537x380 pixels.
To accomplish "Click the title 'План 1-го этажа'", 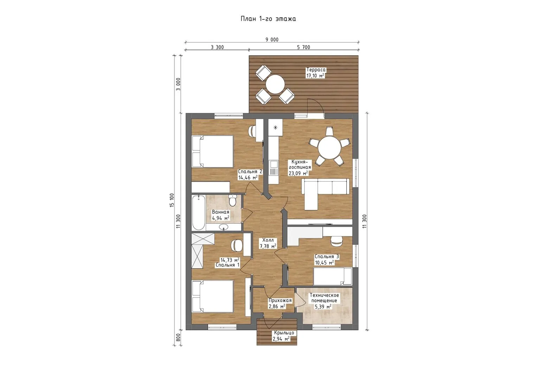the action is point(268,19).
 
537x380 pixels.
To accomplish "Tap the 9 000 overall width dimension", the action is point(272,39).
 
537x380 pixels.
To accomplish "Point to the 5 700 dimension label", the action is point(303,47).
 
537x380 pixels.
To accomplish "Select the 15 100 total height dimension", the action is point(172,200).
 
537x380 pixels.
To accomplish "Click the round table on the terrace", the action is point(275,84).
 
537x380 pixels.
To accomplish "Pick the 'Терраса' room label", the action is point(316,70).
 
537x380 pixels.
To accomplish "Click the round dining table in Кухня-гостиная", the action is point(330,148).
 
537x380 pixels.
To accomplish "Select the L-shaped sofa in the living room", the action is point(325,194).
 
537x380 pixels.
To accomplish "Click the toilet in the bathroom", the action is point(232,200).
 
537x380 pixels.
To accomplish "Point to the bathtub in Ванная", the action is point(198,213).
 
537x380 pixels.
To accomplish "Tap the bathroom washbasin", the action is point(224,227).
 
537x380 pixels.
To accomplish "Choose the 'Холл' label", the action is point(268,240).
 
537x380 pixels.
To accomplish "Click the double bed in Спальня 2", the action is point(213,151).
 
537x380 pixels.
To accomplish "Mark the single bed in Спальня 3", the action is point(333,276).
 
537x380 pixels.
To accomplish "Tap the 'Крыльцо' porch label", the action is point(284,333).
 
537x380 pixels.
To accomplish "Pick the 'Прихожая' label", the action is point(280,300).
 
